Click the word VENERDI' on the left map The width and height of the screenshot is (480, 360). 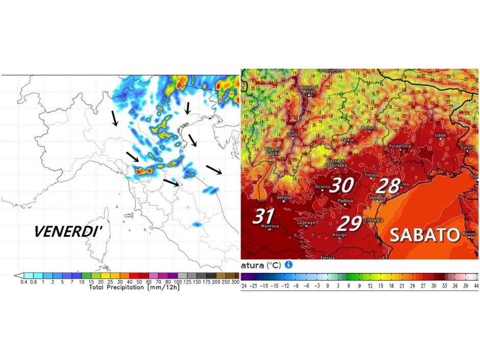pyautogui.click(x=68, y=231)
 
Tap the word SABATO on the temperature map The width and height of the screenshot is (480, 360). pyautogui.click(x=425, y=235)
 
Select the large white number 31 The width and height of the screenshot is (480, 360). pyautogui.click(x=263, y=215)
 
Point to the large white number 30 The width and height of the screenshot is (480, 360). pyautogui.click(x=341, y=185)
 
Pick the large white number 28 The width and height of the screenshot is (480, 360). pyautogui.click(x=388, y=186)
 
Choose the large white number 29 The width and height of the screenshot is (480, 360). pyautogui.click(x=351, y=223)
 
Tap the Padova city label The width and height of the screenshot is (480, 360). pyautogui.click(x=345, y=201)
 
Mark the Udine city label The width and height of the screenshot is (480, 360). pyautogui.click(x=440, y=135)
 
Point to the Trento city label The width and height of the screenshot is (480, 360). pyautogui.click(x=293, y=135)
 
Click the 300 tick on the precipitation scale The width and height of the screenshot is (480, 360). pyautogui.click(x=235, y=282)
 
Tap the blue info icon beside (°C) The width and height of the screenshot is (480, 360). pyautogui.click(x=288, y=265)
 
